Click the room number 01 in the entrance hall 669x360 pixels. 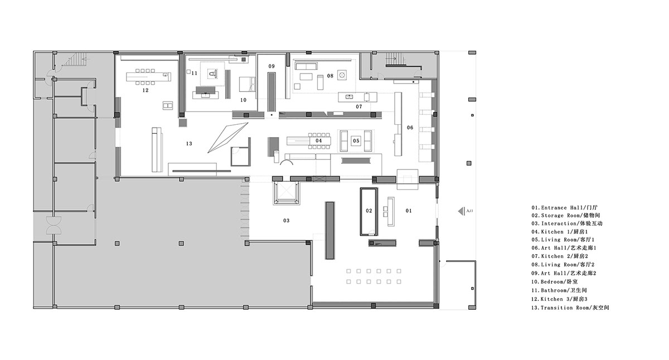(409, 211)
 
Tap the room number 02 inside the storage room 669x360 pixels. (369, 211)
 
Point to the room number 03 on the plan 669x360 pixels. (286, 221)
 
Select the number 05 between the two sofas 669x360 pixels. (356, 141)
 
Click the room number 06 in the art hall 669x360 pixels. (410, 128)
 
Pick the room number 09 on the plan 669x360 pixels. (271, 66)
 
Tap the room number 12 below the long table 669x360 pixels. (145, 90)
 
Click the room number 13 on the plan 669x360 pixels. (189, 144)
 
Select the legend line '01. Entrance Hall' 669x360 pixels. (564, 207)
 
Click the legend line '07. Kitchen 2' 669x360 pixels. (560, 256)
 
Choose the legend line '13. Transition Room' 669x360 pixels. (570, 308)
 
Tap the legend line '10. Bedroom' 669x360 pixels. (554, 282)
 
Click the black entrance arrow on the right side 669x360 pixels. (461, 211)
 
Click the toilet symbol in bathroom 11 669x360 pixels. (212, 74)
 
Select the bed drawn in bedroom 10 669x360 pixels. (248, 84)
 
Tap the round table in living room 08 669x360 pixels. (342, 75)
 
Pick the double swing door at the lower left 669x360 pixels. (54, 225)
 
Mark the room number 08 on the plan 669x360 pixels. (329, 76)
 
